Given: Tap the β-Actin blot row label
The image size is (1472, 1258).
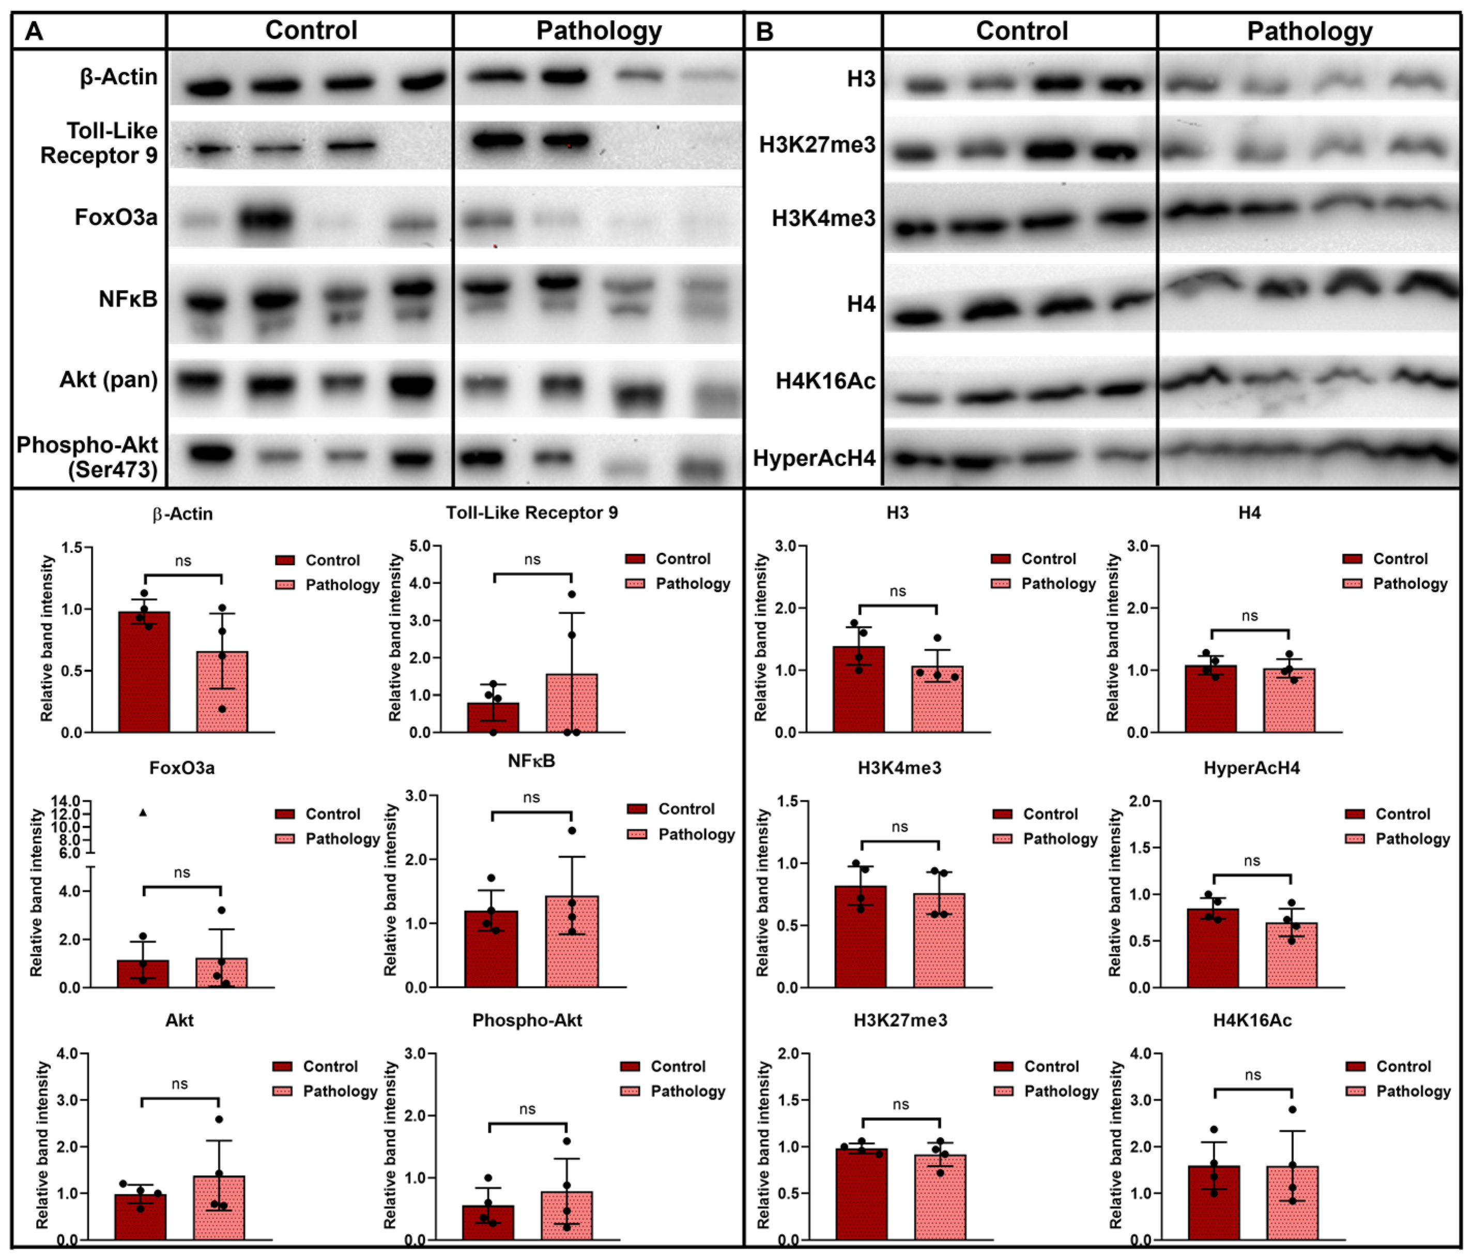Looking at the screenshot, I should (119, 77).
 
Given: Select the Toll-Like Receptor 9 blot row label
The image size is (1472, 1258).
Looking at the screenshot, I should (99, 143).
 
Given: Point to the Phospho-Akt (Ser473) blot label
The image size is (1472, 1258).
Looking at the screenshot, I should (87, 457).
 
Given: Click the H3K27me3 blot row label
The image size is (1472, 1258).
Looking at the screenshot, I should (817, 145).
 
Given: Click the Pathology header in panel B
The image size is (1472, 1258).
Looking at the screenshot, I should (1309, 31).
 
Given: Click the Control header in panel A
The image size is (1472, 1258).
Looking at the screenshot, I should (311, 31).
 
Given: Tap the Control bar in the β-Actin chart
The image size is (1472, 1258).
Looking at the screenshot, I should (144, 675).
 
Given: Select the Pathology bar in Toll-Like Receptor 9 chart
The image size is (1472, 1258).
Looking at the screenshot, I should (572, 704).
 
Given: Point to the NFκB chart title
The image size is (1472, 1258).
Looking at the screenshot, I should (531, 761).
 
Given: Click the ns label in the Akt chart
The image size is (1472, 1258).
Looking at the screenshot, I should (180, 1084).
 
